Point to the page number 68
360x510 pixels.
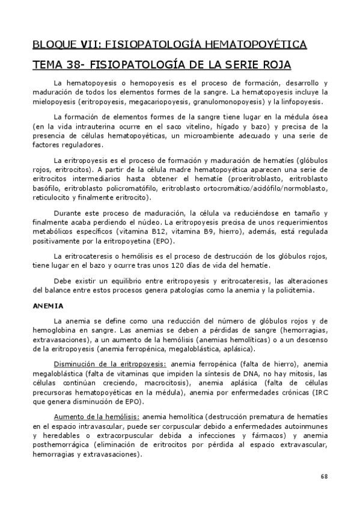point(324,476)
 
